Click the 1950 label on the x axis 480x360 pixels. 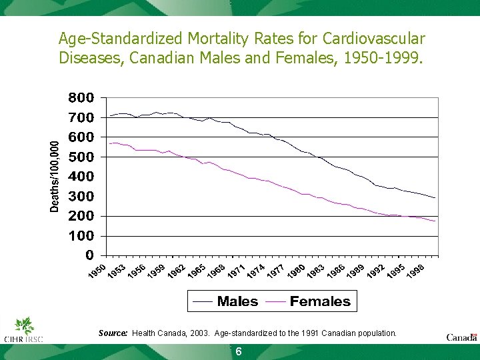pyautogui.click(x=97, y=272)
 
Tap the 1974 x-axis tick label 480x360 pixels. pyautogui.click(x=255, y=272)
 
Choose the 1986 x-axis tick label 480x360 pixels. pyautogui.click(x=335, y=272)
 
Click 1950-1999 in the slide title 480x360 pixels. pyautogui.click(x=380, y=57)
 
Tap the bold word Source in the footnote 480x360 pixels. pyautogui.click(x=113, y=333)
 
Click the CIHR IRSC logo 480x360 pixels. pyautogui.click(x=24, y=331)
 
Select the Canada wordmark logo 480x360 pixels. pyautogui.click(x=461, y=337)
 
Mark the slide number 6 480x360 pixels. pyautogui.click(x=238, y=352)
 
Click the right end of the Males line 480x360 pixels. pyautogui.click(x=435, y=198)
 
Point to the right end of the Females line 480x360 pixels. pyautogui.click(x=435, y=221)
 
